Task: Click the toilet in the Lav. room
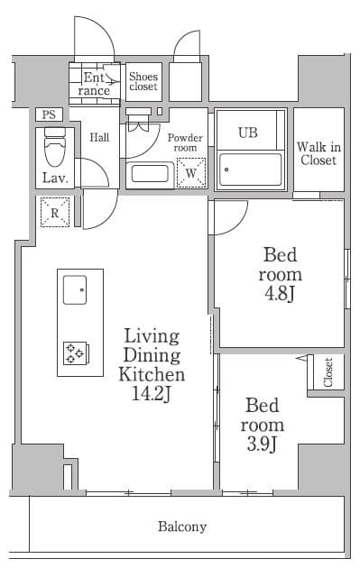55,147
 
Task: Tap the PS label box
49,114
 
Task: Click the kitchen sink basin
75,290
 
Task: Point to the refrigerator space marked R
55,213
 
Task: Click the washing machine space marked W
191,172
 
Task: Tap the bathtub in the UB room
250,169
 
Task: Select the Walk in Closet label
318,153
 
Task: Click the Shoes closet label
143,81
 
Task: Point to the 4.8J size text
280,294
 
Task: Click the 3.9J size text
262,444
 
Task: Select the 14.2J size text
152,394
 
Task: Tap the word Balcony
182,527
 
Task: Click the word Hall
99,138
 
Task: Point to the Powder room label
185,142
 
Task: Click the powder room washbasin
150,174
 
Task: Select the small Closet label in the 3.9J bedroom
328,371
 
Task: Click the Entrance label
95,84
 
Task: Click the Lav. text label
55,179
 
